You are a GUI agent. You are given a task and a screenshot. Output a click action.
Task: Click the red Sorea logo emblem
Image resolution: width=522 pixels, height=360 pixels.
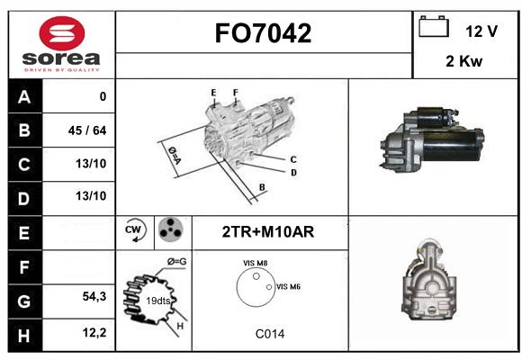(62, 33)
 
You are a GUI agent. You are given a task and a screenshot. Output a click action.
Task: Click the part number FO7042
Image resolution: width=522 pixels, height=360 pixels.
(263, 33)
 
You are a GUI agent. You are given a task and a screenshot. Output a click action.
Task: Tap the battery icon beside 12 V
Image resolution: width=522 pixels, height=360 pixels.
(434, 26)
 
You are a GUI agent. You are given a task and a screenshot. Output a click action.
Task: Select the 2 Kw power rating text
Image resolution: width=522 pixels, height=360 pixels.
(464, 61)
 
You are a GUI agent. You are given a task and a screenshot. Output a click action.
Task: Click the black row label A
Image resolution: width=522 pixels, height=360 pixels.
(25, 96)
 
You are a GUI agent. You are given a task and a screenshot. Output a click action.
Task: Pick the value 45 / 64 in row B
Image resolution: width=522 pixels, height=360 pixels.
(87, 130)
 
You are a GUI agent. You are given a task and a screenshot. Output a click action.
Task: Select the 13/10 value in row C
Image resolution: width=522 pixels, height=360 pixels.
(91, 164)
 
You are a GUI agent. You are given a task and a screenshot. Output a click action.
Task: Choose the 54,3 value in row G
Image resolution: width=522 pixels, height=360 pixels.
(94, 296)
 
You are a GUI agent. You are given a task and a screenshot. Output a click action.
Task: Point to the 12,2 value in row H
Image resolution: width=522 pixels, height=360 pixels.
(94, 332)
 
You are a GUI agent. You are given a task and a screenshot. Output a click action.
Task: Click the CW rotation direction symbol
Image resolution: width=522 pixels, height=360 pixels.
(135, 229)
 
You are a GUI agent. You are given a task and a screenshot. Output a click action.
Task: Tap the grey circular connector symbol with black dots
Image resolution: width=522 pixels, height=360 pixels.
(171, 229)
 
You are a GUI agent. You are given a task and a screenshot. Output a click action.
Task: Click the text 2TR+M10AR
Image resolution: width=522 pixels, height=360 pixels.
(268, 232)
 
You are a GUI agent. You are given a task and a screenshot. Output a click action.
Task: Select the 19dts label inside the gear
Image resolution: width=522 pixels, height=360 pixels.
(158, 301)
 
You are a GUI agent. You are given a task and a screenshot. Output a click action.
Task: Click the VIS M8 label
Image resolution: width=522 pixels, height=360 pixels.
(255, 263)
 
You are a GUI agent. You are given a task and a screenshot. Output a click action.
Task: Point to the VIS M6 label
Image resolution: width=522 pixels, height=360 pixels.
(288, 286)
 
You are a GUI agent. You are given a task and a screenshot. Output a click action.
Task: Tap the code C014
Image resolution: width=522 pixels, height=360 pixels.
(270, 334)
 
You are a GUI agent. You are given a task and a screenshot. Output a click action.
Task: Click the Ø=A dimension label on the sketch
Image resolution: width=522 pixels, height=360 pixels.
(175, 155)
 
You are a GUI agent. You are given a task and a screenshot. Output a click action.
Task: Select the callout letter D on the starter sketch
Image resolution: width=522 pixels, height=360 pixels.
(293, 173)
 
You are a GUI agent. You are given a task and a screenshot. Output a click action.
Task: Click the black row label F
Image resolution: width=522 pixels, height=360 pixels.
(25, 267)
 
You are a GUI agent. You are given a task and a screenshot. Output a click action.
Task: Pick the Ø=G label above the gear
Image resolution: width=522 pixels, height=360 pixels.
(176, 262)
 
